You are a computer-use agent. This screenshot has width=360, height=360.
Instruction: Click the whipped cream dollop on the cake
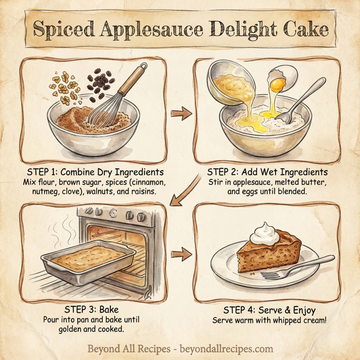[x=263, y=232]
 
